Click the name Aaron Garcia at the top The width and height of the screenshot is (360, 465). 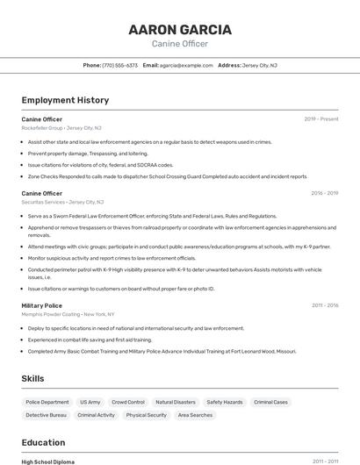(180, 30)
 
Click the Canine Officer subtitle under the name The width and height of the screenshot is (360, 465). (180, 43)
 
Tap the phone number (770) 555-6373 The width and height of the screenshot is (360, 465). (119, 65)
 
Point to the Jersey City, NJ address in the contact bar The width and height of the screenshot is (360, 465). (259, 65)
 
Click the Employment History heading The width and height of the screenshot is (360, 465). (65, 100)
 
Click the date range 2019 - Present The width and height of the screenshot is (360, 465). (321, 118)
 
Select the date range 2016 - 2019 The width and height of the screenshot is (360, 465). (324, 193)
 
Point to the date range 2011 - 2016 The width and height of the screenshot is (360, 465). (325, 305)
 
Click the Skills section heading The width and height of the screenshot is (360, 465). (33, 378)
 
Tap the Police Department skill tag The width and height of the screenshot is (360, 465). (47, 402)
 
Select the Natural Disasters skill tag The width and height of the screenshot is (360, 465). (176, 402)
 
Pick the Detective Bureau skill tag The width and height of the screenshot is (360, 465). (46, 415)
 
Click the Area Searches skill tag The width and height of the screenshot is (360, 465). (195, 415)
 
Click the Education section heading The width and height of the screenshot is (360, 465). (43, 442)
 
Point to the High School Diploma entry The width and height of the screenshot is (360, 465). (48, 461)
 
